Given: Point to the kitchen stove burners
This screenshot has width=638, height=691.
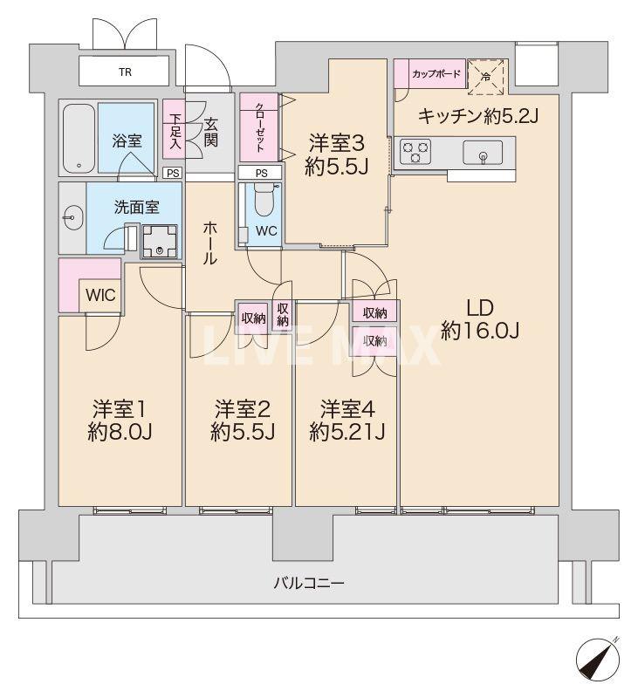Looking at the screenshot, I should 414,154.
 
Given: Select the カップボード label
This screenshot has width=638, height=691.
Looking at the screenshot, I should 430,74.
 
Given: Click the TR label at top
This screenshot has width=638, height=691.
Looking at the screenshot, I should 127,72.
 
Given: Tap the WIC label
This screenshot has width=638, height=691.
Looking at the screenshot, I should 99,295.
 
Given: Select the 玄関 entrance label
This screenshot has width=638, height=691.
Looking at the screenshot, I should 210,132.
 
